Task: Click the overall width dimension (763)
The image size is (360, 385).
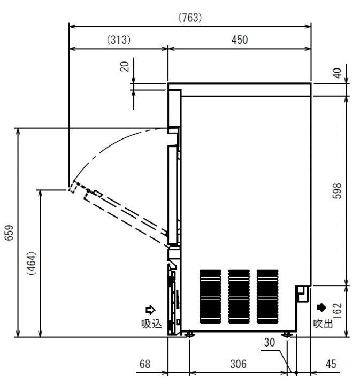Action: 190,18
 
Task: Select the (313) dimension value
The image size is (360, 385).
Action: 119,40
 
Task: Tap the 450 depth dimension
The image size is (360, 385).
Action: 240,40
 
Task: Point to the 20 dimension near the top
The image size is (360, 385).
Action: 125,66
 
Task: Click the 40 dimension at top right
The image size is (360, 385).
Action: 337,73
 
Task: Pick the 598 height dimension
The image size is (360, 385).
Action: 337,191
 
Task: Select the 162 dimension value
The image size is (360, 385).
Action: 338,310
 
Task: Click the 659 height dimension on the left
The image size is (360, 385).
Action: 9,233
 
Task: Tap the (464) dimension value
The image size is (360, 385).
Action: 32,263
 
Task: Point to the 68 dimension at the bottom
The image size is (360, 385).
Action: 145,364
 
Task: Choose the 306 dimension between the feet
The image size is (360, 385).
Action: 238,364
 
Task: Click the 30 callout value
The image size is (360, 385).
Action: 270,343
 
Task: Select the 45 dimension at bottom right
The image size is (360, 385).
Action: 331,364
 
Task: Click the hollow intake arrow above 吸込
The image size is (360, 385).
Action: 150,310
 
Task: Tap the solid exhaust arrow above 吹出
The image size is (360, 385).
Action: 321,307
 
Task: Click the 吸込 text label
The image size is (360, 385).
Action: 151,324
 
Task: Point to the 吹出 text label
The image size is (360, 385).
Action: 323,324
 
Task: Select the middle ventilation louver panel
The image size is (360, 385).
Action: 239,296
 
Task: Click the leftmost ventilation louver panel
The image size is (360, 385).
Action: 210,296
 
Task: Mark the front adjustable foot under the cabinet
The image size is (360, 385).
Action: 189,334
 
